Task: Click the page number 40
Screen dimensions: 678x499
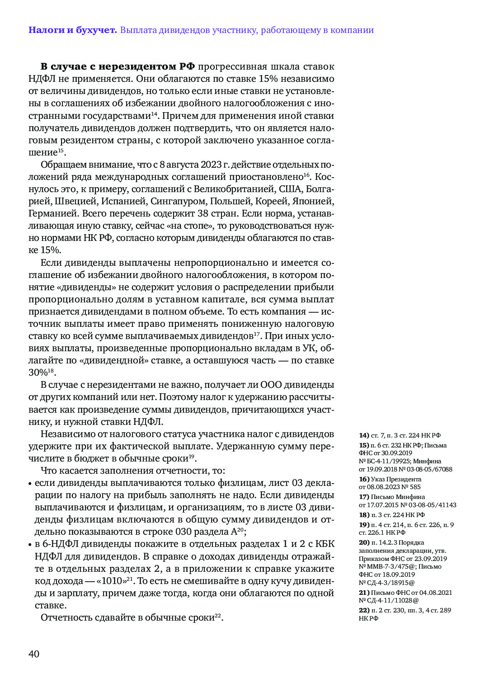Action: (34, 654)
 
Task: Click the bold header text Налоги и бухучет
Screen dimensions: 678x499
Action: (72, 30)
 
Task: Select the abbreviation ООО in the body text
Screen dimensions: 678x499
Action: (272, 385)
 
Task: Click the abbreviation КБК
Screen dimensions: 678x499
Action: (324, 544)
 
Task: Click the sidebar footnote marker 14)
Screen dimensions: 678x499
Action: (364, 435)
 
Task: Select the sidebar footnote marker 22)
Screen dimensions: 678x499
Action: (364, 610)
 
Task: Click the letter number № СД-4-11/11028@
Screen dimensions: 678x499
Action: (389, 600)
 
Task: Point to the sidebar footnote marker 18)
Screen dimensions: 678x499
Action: (364, 515)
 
